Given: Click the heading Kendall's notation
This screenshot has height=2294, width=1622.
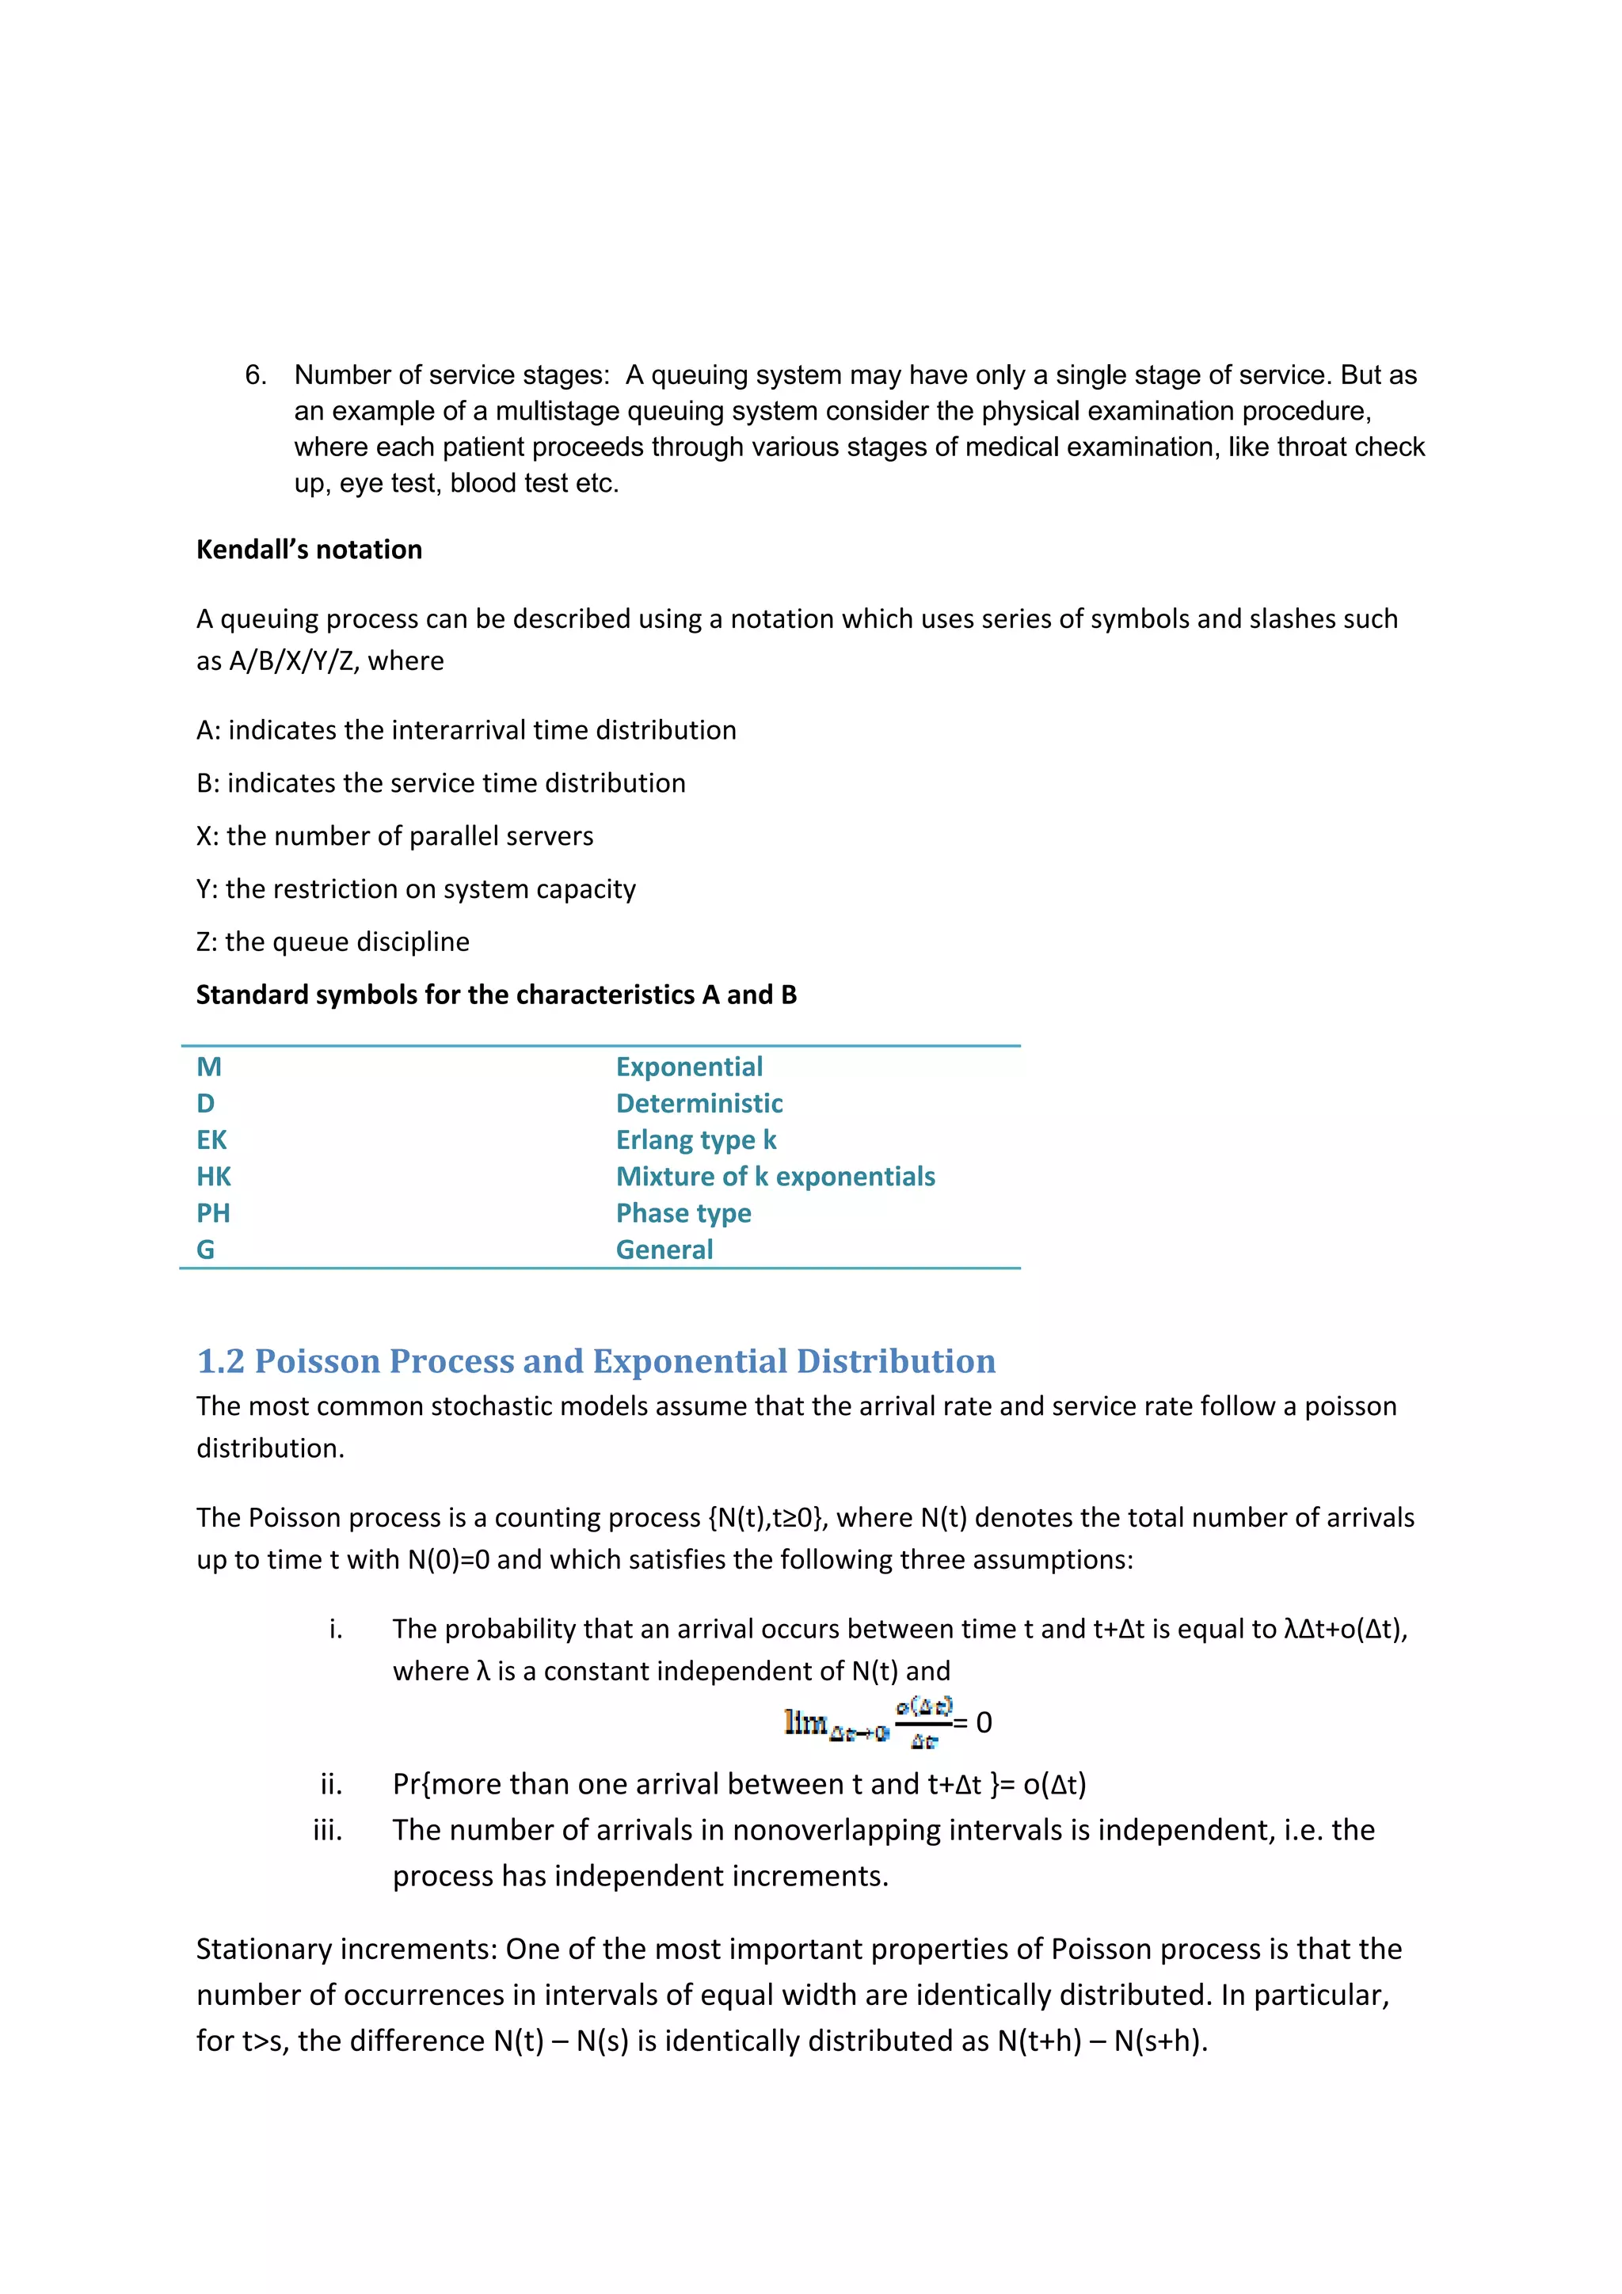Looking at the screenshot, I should (309, 550).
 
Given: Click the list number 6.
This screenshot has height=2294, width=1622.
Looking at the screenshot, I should (256, 375).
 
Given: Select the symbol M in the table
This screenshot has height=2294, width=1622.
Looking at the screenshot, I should (209, 1067).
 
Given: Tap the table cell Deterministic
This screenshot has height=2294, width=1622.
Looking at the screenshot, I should (699, 1103).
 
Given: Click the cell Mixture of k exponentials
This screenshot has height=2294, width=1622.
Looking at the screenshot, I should (775, 1177).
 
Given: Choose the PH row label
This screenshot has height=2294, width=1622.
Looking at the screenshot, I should (213, 1213).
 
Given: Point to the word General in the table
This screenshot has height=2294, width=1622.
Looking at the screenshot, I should (664, 1250).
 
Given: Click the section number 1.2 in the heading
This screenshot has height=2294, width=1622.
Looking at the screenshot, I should (220, 1361).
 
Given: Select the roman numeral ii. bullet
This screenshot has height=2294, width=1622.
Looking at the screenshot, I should (331, 1785).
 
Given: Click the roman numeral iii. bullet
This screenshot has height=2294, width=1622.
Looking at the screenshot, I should (327, 1831).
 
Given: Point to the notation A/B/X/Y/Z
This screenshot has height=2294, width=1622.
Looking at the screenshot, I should (291, 661).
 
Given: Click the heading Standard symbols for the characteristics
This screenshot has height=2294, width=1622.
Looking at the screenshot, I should (496, 995).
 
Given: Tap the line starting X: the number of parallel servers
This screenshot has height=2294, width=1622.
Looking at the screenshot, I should (394, 836).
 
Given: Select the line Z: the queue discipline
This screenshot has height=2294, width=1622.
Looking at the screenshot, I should (333, 942).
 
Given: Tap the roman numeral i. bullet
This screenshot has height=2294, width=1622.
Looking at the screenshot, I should (335, 1630).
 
